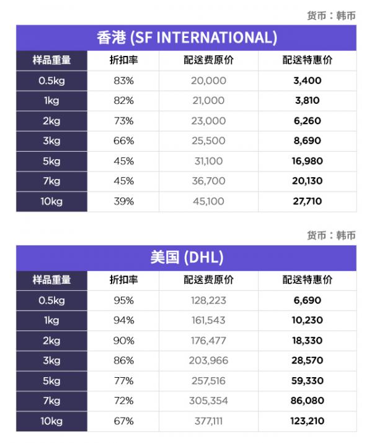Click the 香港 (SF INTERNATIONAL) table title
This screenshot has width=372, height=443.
pyautogui.click(x=187, y=37)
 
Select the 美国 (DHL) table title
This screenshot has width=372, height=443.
pyautogui.click(x=187, y=257)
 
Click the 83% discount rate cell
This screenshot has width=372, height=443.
pyautogui.click(x=124, y=81)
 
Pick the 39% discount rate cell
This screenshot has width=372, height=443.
pyautogui.click(x=124, y=201)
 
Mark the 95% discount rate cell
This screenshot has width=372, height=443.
pyautogui.click(x=124, y=301)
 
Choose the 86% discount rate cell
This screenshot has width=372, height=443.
pyautogui.click(x=124, y=361)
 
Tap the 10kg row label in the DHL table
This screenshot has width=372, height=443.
pyautogui.click(x=51, y=421)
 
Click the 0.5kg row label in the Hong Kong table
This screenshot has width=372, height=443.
pyautogui.click(x=51, y=81)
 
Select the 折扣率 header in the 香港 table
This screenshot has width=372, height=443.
pyautogui.click(x=124, y=60)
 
